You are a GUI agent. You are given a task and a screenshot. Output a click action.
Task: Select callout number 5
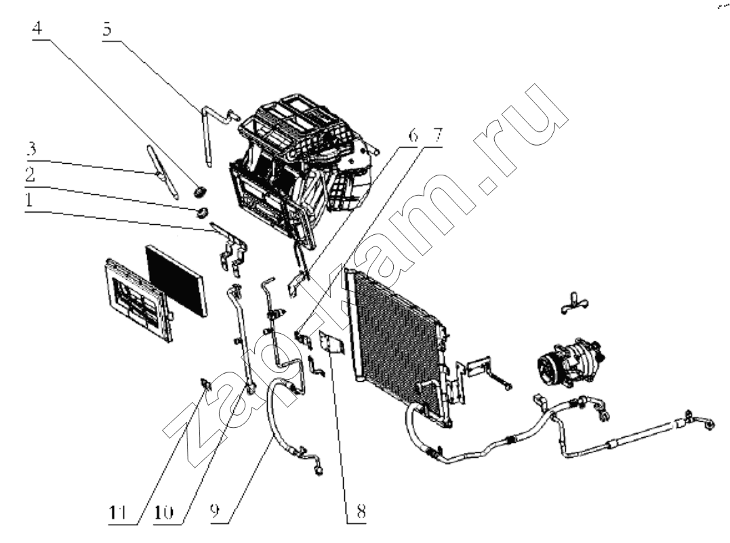click(x=107, y=29)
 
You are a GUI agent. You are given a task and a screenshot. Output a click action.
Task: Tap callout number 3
click(x=31, y=149)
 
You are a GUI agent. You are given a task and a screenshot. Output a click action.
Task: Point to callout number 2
click(x=30, y=175)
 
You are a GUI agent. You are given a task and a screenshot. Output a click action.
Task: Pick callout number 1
click(x=29, y=200)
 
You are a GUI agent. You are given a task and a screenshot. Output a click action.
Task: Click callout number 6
click(x=413, y=135)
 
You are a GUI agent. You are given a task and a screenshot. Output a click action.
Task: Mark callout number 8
click(x=361, y=511)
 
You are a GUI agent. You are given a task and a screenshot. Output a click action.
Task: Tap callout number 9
click(x=215, y=511)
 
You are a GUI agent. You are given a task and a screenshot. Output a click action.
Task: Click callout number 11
click(x=117, y=513)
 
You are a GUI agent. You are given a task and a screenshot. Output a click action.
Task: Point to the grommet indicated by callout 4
click(x=200, y=191)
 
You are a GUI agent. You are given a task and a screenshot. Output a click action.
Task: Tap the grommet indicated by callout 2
click(x=202, y=213)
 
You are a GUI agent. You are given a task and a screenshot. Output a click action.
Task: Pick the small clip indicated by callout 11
click(x=205, y=383)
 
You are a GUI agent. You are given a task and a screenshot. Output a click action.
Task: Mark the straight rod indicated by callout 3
click(x=163, y=172)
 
